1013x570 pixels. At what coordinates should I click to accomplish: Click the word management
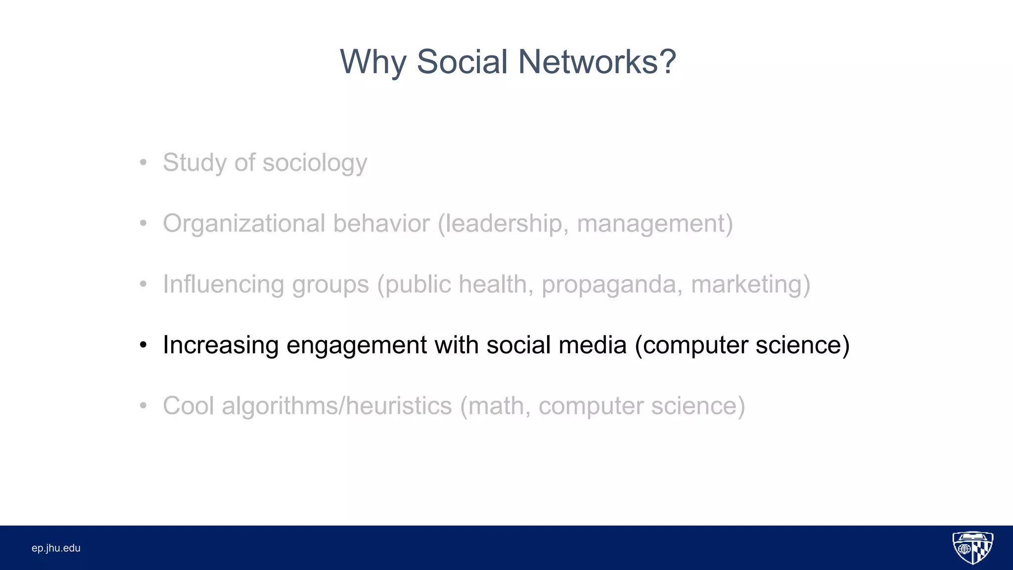pos(651,224)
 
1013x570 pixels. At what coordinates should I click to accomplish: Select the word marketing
pos(747,285)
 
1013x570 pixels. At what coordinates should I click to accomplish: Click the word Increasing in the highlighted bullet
pos(221,345)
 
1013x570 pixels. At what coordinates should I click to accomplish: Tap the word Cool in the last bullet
pos(188,406)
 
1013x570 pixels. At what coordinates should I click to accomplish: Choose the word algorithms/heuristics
pos(336,406)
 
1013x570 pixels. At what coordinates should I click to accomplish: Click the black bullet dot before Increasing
pos(143,345)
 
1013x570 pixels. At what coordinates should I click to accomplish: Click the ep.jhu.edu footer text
pos(56,548)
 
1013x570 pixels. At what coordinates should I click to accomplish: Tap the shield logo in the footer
pos(972,548)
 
